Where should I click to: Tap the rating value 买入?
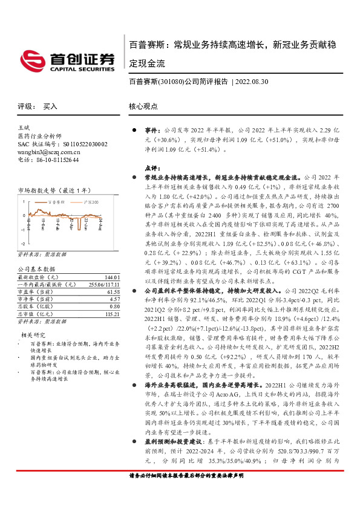pos(50,106)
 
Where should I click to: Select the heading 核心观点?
pos(142,106)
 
